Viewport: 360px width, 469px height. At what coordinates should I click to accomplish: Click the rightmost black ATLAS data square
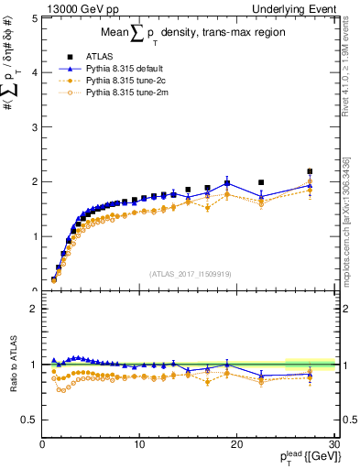[310, 171]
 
